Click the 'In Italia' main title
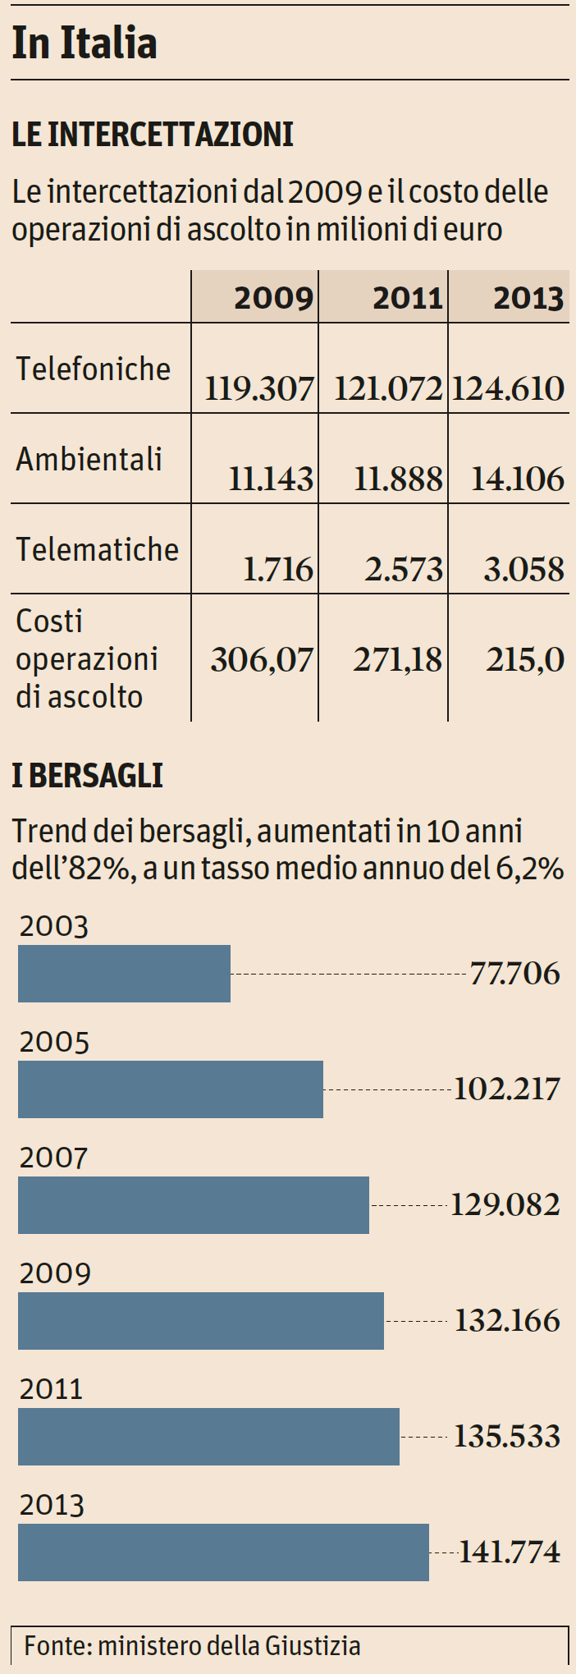click(85, 44)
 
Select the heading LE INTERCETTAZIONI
click(153, 135)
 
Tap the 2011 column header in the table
click(408, 298)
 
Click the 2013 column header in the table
click(528, 298)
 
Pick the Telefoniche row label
click(93, 369)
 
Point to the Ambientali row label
click(89, 460)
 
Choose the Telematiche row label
click(97, 550)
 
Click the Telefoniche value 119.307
click(259, 388)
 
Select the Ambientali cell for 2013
click(518, 479)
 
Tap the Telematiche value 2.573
click(404, 569)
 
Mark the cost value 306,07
click(262, 659)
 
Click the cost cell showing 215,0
click(525, 659)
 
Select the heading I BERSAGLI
click(87, 776)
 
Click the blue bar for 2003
click(124, 974)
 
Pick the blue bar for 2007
click(194, 1204)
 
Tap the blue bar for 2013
click(223, 1552)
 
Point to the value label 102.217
click(507, 1089)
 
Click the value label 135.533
click(507, 1436)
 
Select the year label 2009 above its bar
click(55, 1273)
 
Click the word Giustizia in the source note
click(313, 1645)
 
